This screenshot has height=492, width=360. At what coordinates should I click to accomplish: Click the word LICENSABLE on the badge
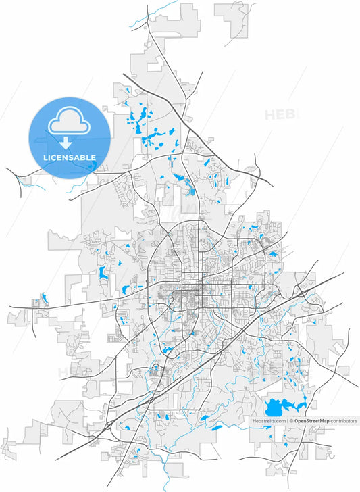click(70, 157)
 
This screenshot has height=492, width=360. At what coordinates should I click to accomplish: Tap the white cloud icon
click(68, 122)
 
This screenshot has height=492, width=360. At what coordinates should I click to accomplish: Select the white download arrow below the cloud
click(66, 142)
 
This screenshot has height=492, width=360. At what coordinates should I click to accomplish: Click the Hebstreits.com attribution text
click(269, 421)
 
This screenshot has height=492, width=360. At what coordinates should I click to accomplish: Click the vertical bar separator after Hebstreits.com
click(287, 421)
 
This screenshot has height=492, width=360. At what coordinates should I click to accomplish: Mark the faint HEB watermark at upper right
click(278, 114)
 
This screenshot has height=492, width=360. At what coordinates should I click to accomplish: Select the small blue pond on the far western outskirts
click(44, 297)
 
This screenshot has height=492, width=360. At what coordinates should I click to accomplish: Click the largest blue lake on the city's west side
click(103, 272)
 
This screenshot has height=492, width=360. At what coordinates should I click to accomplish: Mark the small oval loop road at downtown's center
click(182, 295)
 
